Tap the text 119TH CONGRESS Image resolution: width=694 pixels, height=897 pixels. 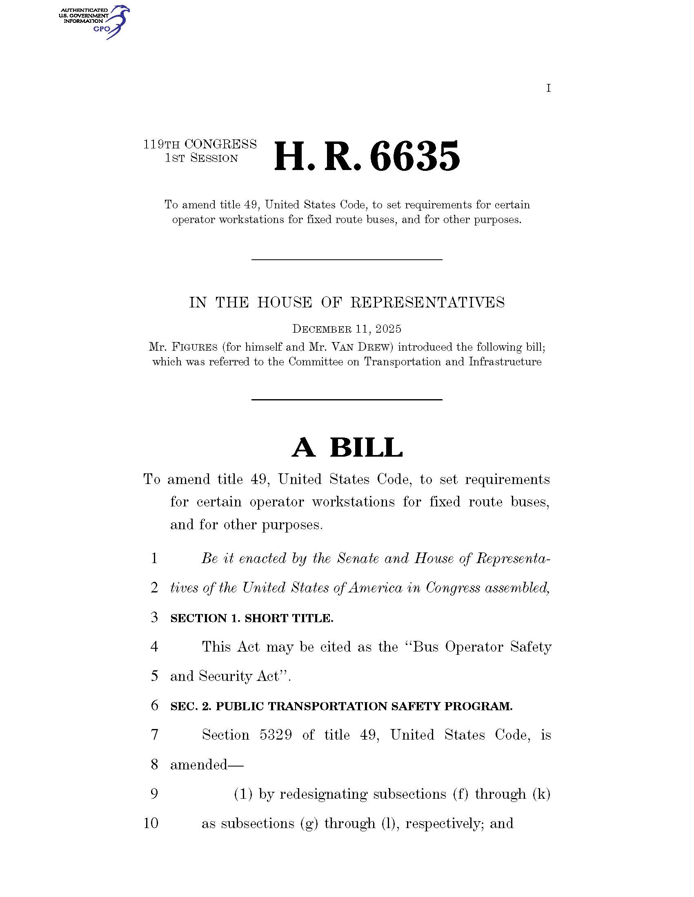click(200, 144)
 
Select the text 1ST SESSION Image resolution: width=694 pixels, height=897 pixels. click(201, 159)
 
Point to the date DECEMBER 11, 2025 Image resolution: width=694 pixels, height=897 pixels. click(347, 329)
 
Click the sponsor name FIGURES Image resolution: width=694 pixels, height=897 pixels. click(194, 347)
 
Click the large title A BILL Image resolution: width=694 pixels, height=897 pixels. click(347, 447)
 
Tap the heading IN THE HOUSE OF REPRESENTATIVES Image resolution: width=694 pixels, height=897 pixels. click(347, 303)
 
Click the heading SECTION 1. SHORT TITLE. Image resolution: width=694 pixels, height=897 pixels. click(251, 618)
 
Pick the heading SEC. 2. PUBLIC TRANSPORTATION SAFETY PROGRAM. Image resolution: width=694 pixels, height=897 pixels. click(341, 707)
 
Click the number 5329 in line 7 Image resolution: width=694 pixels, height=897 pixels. click(276, 735)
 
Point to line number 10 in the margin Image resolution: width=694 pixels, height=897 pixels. click(151, 824)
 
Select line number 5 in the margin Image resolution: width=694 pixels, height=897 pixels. click(154, 676)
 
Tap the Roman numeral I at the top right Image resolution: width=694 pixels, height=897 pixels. click(548, 88)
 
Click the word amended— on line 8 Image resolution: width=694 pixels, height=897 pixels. click(207, 764)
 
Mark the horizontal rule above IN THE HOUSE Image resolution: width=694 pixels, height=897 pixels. click(347, 260)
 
